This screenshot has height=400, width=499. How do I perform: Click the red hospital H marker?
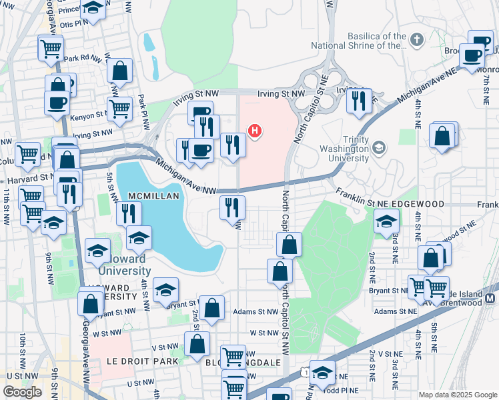point(254,131)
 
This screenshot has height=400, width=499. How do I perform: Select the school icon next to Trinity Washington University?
point(379,147)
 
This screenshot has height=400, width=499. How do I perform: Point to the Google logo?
point(22,391)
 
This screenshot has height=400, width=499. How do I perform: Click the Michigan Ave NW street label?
point(186,177)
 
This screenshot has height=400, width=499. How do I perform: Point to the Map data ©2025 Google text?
point(458,395)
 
